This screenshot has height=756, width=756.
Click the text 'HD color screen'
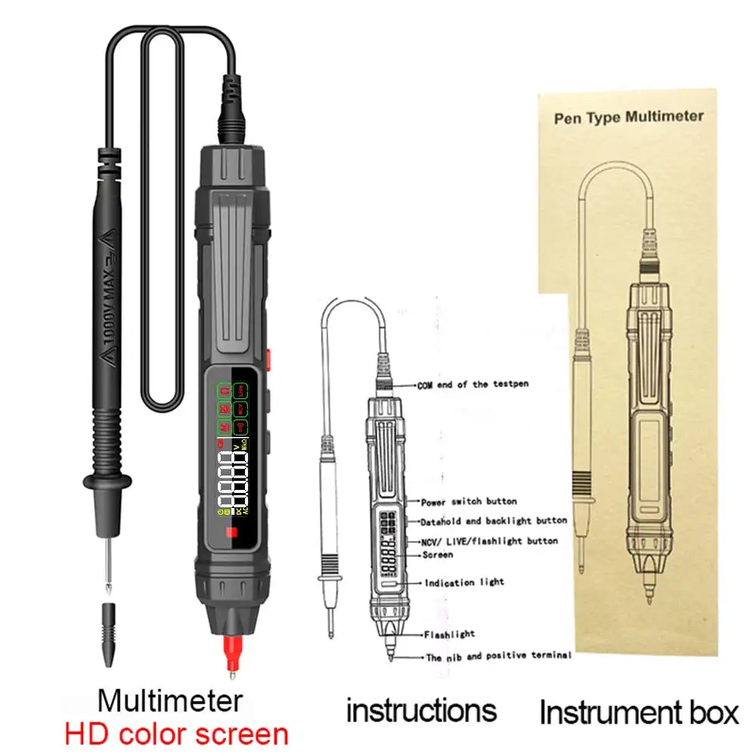point(176,733)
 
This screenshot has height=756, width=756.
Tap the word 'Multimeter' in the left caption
point(170,700)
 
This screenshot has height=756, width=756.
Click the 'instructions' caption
point(421,710)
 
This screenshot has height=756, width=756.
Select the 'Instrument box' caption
point(639,711)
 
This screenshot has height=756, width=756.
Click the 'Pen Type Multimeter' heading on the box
point(628,117)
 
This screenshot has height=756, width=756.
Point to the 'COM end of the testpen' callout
point(473,384)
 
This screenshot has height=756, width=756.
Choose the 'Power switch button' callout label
point(469,501)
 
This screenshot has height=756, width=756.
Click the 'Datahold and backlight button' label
point(494,521)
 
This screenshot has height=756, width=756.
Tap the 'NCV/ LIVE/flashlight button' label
point(489,541)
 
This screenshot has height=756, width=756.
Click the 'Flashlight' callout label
point(449,634)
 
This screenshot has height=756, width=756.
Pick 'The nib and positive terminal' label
point(498,657)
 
